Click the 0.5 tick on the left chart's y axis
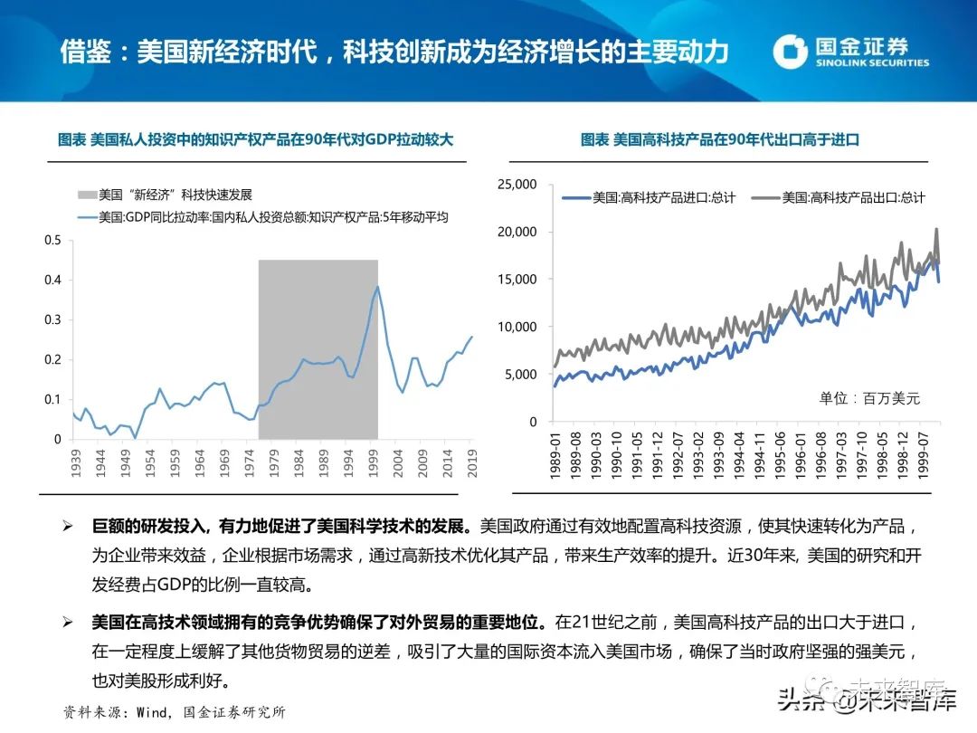(52, 240)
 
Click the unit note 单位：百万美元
(868, 398)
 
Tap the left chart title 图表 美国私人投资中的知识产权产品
(255, 140)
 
